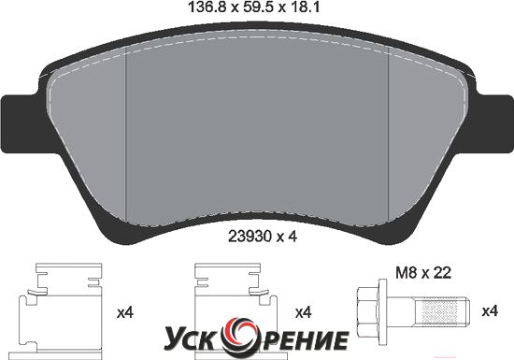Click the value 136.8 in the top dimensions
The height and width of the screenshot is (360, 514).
207,7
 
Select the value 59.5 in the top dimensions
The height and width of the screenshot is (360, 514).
257,7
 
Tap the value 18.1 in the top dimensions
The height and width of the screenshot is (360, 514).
304,7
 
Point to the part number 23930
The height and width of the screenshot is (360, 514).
250,237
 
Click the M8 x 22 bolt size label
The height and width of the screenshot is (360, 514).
423,273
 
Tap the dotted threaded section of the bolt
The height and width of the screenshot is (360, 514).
439,310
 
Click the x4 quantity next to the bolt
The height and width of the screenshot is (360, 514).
490,310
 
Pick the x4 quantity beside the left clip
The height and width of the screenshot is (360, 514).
125,313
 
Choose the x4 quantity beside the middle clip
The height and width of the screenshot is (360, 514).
303,313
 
